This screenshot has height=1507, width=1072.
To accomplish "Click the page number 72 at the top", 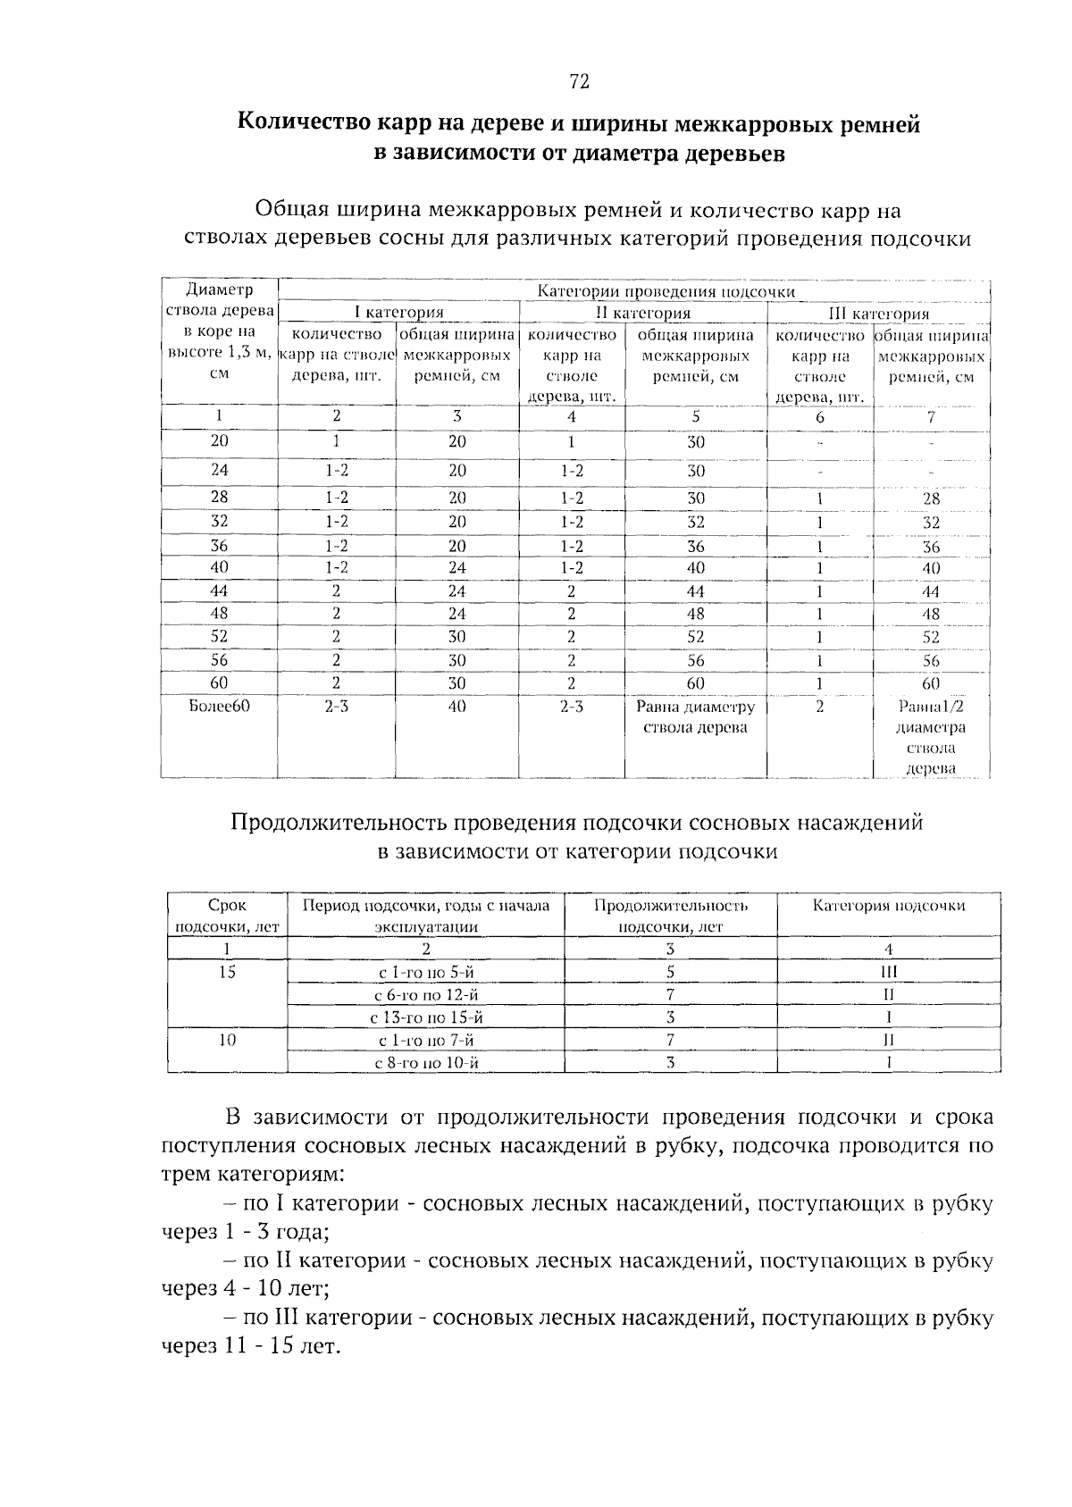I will coord(579,82).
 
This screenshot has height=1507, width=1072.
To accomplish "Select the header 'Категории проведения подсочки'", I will coord(666,291).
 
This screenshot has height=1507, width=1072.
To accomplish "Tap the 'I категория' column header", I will coord(398,313).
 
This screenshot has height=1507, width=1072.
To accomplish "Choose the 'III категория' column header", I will coord(879,314).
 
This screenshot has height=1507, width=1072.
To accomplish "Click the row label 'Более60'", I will coord(220,707).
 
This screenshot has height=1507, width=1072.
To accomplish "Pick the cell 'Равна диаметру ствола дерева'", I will coord(695,717).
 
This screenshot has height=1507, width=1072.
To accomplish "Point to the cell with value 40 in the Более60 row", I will coord(457,707).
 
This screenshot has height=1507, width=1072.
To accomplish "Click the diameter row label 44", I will coord(220,591).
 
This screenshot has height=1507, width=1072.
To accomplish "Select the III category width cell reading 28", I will coord(931,499).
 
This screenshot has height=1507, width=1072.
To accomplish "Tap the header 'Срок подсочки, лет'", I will coord(227,916).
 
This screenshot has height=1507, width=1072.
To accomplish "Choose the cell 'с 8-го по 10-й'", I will coord(426,1063).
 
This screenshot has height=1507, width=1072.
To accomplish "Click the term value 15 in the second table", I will coord(227,972).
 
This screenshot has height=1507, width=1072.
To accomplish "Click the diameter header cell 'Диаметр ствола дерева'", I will coord(220,300).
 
